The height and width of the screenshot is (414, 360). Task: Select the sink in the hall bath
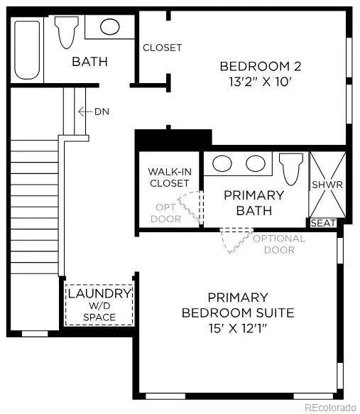point(109,27)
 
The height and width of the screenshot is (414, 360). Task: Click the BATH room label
point(89,62)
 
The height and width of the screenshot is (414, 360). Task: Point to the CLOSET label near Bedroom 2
point(162,48)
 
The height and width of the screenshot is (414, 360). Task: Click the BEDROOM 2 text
point(261,66)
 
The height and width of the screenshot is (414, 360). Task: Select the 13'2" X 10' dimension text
point(261,82)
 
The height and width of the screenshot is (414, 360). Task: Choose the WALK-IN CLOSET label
point(169,178)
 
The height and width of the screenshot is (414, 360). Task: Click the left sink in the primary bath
point(223,163)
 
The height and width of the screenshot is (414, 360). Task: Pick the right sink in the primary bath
point(255,163)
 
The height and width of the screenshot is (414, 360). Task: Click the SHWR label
point(327,185)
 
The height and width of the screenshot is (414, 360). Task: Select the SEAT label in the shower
point(324,222)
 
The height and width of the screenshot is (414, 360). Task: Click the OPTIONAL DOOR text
point(278,244)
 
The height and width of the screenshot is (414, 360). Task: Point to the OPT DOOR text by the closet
point(165,214)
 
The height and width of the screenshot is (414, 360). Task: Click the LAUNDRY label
point(99,293)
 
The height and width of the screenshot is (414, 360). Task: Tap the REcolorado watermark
point(329,407)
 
